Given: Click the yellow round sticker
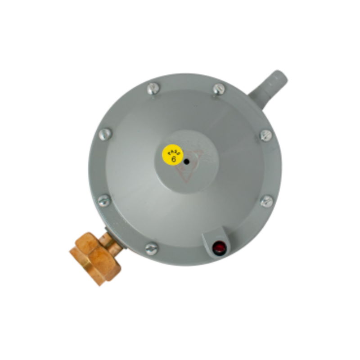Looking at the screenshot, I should coord(173,154).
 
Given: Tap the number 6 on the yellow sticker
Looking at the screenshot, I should coord(173,158).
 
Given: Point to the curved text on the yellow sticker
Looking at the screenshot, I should coord(172,150).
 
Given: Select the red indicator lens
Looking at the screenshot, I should coord(219,247).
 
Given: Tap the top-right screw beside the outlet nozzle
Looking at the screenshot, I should coord(219,89).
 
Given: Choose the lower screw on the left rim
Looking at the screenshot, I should coord(104,200).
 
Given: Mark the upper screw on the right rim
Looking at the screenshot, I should coord(266,135).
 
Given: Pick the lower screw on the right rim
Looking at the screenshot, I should coord(267,201).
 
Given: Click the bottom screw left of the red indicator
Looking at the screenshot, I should coord(152,248).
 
